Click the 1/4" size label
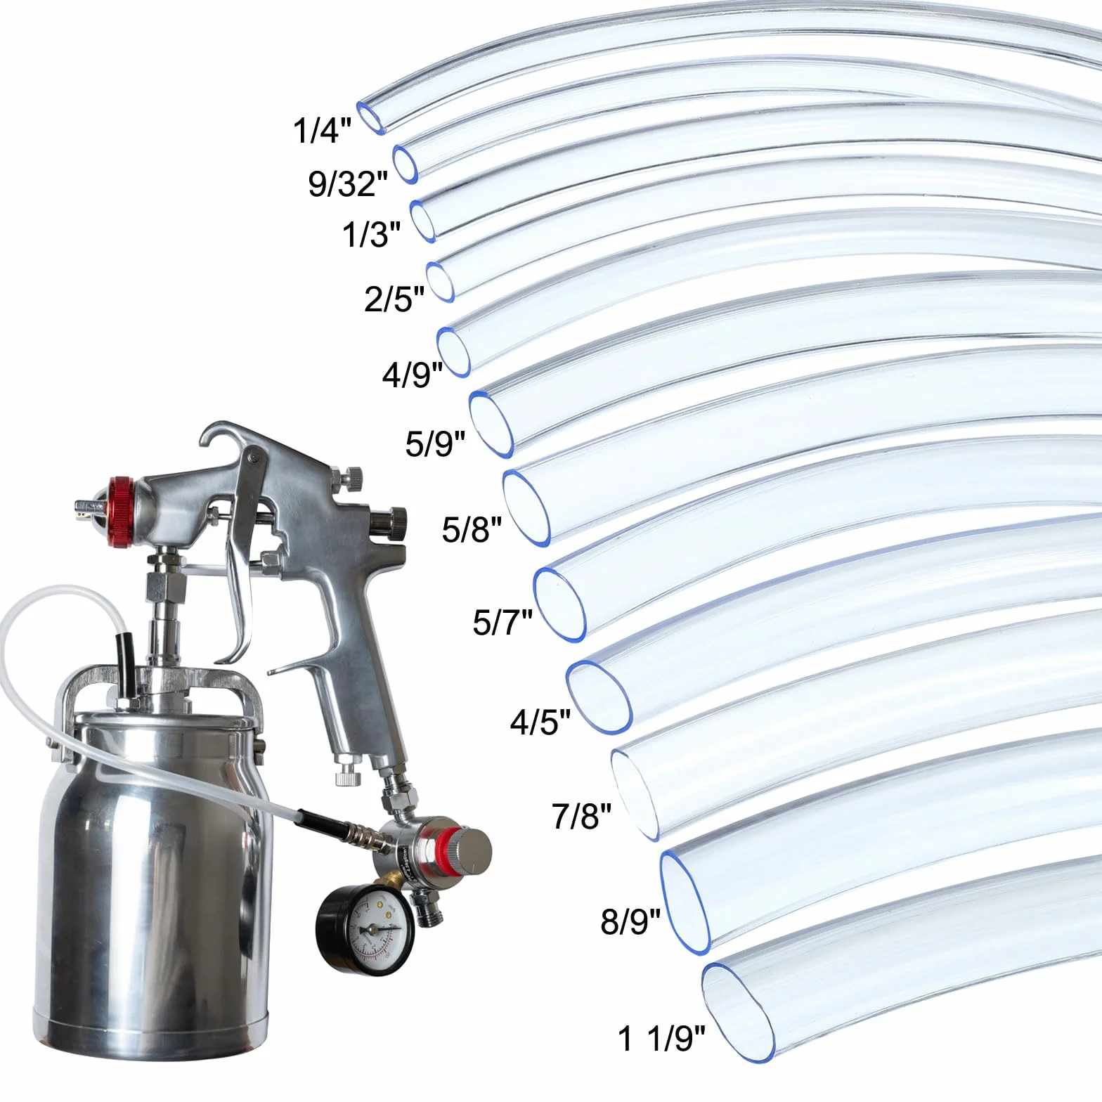click(x=322, y=130)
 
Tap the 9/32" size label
click(x=348, y=183)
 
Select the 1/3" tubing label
click(x=371, y=234)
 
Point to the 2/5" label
click(x=394, y=299)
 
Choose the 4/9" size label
click(x=413, y=375)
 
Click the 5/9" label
click(x=435, y=443)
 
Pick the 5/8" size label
click(x=472, y=529)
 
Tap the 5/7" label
click(x=503, y=622)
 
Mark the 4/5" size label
click(x=540, y=722)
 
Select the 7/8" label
click(x=581, y=816)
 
